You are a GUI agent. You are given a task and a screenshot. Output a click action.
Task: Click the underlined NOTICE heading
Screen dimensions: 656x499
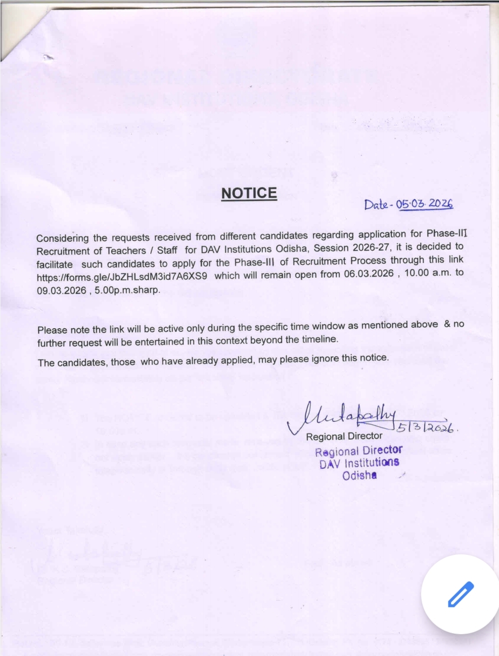249,193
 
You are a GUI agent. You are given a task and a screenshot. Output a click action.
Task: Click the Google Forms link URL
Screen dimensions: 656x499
122,277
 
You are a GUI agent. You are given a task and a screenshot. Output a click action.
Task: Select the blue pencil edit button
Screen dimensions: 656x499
461,594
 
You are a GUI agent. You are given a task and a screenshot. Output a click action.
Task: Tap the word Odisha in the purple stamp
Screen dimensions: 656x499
359,475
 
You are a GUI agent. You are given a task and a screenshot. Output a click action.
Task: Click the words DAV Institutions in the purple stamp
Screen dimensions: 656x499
359,463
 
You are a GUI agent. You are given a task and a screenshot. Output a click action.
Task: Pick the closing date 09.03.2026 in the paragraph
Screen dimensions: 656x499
61,291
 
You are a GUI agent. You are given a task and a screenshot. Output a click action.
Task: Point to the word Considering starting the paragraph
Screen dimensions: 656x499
62,238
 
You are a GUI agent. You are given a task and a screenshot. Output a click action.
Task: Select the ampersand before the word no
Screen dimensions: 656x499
446,324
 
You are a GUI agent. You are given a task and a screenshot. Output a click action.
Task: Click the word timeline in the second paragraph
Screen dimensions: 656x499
319,339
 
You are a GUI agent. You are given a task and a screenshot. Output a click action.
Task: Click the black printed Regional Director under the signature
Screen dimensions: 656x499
344,436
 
